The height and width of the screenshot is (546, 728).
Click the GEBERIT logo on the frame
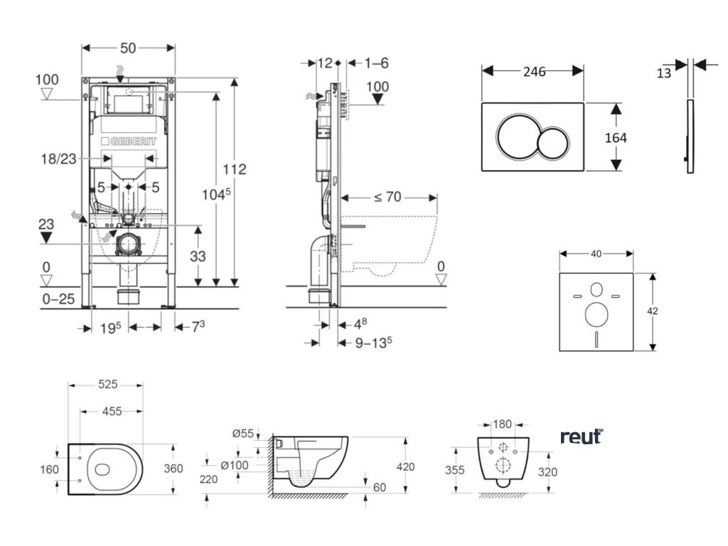click(x=129, y=142)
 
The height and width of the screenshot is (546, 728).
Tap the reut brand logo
click(x=581, y=436)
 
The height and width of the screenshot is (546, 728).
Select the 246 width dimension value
click(x=533, y=71)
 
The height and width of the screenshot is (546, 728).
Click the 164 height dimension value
click(x=616, y=137)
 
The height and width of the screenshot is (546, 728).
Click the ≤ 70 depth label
click(x=388, y=197)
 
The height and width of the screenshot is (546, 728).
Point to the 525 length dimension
click(x=107, y=385)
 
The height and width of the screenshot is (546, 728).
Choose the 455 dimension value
click(x=110, y=411)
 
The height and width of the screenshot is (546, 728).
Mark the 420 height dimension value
click(x=405, y=467)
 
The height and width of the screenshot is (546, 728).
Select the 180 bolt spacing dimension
click(x=503, y=424)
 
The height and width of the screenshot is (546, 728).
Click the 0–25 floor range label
click(x=59, y=299)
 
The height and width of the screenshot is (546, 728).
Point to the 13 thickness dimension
click(x=664, y=73)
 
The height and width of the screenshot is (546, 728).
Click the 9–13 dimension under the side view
click(x=374, y=343)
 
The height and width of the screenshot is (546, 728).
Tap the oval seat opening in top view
click(x=102, y=469)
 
